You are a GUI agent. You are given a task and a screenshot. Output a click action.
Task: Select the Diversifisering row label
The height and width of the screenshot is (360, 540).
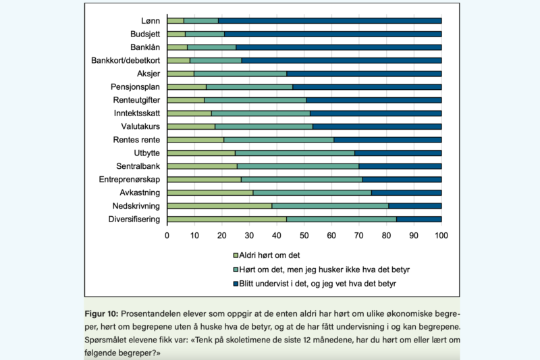[x=134, y=219]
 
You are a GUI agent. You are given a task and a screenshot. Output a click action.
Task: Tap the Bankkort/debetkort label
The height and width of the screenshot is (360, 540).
[x=126, y=61]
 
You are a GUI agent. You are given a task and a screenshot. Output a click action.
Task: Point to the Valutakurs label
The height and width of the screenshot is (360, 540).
[x=140, y=126]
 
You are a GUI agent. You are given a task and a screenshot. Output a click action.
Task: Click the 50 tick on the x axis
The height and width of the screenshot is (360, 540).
[x=304, y=236]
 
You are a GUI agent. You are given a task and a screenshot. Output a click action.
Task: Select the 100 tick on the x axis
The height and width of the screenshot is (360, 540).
[x=441, y=236]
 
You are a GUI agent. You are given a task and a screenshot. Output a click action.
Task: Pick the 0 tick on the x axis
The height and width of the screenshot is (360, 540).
[x=167, y=236]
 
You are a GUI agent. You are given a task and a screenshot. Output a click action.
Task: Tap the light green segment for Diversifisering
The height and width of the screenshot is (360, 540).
[x=226, y=219]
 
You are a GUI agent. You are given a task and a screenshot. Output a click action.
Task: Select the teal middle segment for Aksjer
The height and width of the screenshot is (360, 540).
[x=240, y=74]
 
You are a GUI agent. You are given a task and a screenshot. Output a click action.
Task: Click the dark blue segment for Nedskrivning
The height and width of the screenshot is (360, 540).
[x=414, y=205]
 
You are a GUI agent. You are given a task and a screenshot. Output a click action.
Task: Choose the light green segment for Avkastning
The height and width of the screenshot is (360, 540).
[x=210, y=192]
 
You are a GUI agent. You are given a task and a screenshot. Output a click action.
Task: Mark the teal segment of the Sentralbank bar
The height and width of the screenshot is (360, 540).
[x=298, y=166]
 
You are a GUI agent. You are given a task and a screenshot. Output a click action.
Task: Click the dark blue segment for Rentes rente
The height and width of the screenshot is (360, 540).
[x=387, y=140]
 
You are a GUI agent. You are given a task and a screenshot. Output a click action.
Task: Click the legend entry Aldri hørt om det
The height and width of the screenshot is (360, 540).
[x=273, y=255]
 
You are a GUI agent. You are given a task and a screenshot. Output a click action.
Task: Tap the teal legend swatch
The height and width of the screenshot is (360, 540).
[x=236, y=269]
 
